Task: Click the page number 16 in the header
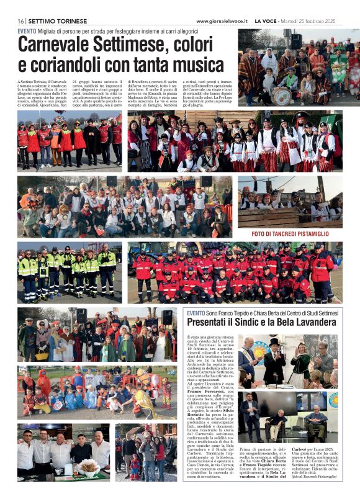point(20,21)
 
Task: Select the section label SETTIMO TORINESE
point(53,21)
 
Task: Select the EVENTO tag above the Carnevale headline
point(26,31)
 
